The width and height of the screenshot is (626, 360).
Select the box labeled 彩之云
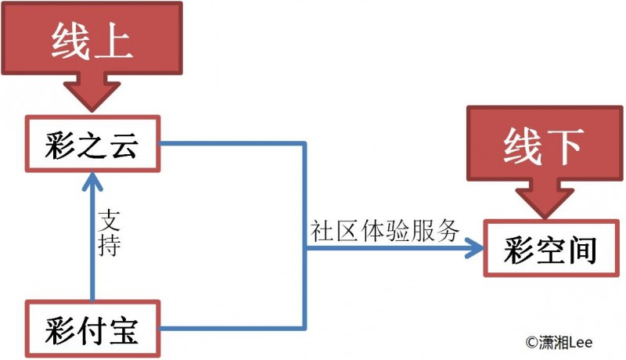pos(92,144)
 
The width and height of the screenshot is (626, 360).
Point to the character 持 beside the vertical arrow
pos(110,244)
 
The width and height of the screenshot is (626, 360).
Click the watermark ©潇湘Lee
pos(559,341)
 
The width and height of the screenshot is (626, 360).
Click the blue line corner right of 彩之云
pos(303,144)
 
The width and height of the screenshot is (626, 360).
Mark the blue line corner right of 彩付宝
pos(303,329)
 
